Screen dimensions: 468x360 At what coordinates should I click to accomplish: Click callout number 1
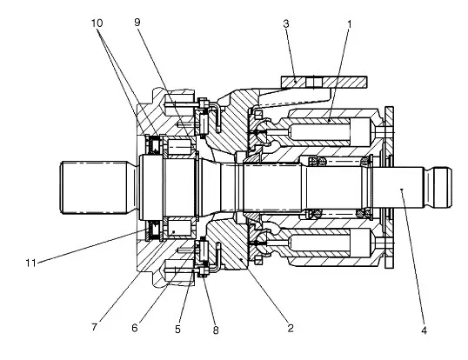coord(349,23)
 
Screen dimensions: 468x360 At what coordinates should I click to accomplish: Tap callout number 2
coord(291,328)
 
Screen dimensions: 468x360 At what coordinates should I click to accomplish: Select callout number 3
coord(286,23)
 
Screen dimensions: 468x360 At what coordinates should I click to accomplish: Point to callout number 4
coord(424,330)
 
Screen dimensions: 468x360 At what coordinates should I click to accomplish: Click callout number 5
coord(177,330)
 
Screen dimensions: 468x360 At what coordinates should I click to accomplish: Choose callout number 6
coord(135,328)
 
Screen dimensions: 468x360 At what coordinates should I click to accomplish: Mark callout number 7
coord(94,327)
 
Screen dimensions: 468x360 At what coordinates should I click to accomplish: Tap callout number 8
coord(216,330)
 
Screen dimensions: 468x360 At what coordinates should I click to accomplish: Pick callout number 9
coord(137,23)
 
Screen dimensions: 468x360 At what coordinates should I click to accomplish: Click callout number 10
coord(97,23)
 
